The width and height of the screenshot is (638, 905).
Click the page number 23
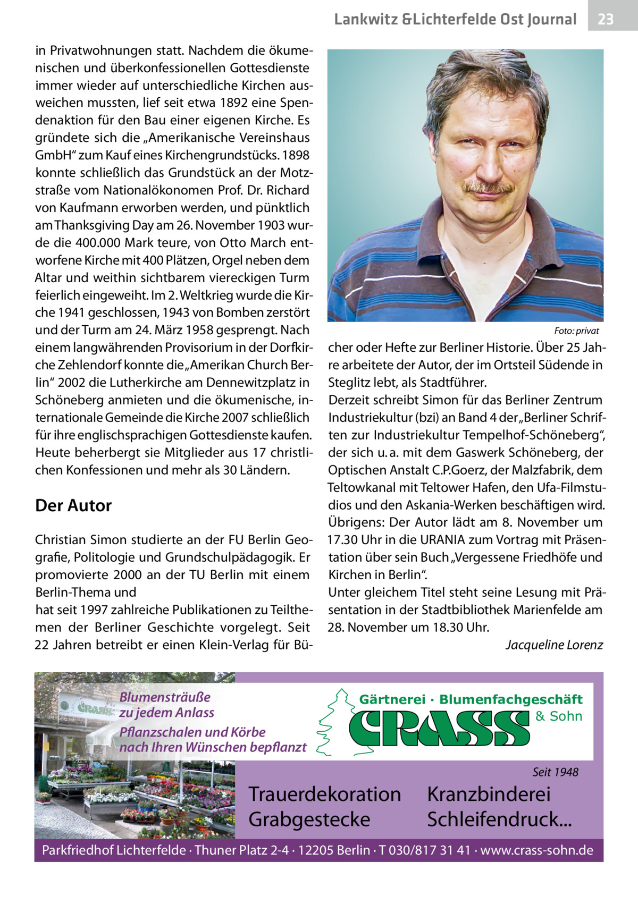pyautogui.click(x=606, y=20)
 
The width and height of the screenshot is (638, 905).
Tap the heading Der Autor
pyautogui.click(x=73, y=505)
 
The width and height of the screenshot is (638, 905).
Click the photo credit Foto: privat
pyautogui.click(x=576, y=331)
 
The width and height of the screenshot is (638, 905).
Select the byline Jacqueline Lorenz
pyautogui.click(x=554, y=645)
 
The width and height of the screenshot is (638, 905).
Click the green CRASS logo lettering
pyautogui.click(x=440, y=729)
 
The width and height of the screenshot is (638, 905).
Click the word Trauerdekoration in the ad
pyautogui.click(x=325, y=794)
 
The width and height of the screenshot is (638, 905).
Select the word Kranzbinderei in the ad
pyautogui.click(x=489, y=794)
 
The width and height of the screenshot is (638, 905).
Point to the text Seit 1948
pyautogui.click(x=556, y=772)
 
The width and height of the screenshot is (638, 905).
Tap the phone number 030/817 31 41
pyautogui.click(x=428, y=851)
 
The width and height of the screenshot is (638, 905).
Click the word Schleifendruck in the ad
pyautogui.click(x=499, y=819)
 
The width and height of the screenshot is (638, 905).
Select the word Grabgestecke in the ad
pyautogui.click(x=309, y=819)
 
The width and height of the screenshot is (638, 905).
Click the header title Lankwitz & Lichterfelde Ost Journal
pyautogui.click(x=455, y=20)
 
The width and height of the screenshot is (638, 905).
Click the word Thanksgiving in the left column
pyautogui.click(x=88, y=225)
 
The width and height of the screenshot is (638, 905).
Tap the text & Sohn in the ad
pyautogui.click(x=559, y=716)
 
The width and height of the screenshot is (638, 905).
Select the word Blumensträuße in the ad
pyautogui.click(x=165, y=697)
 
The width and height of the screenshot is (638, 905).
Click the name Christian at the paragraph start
pyautogui.click(x=58, y=540)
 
